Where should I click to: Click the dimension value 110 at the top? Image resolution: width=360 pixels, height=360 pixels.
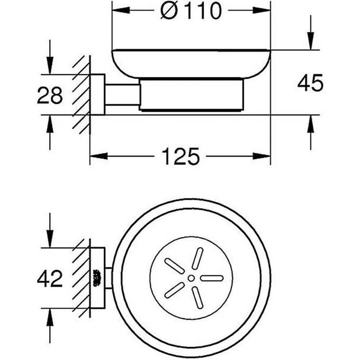point(199,11)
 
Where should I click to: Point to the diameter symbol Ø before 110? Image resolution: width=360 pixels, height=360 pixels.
point(170,11)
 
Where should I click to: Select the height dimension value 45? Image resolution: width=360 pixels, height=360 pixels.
point(310,83)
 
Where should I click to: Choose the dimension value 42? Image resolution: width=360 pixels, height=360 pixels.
point(50,277)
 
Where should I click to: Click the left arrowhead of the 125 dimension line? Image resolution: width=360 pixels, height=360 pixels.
point(96,156)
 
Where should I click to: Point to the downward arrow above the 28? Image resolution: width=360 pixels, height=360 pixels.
point(50,66)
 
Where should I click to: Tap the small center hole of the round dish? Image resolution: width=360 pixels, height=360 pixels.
point(190,277)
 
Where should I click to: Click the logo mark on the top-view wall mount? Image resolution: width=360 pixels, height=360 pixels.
point(97,277)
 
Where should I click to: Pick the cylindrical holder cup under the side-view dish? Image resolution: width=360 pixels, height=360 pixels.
point(193,95)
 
